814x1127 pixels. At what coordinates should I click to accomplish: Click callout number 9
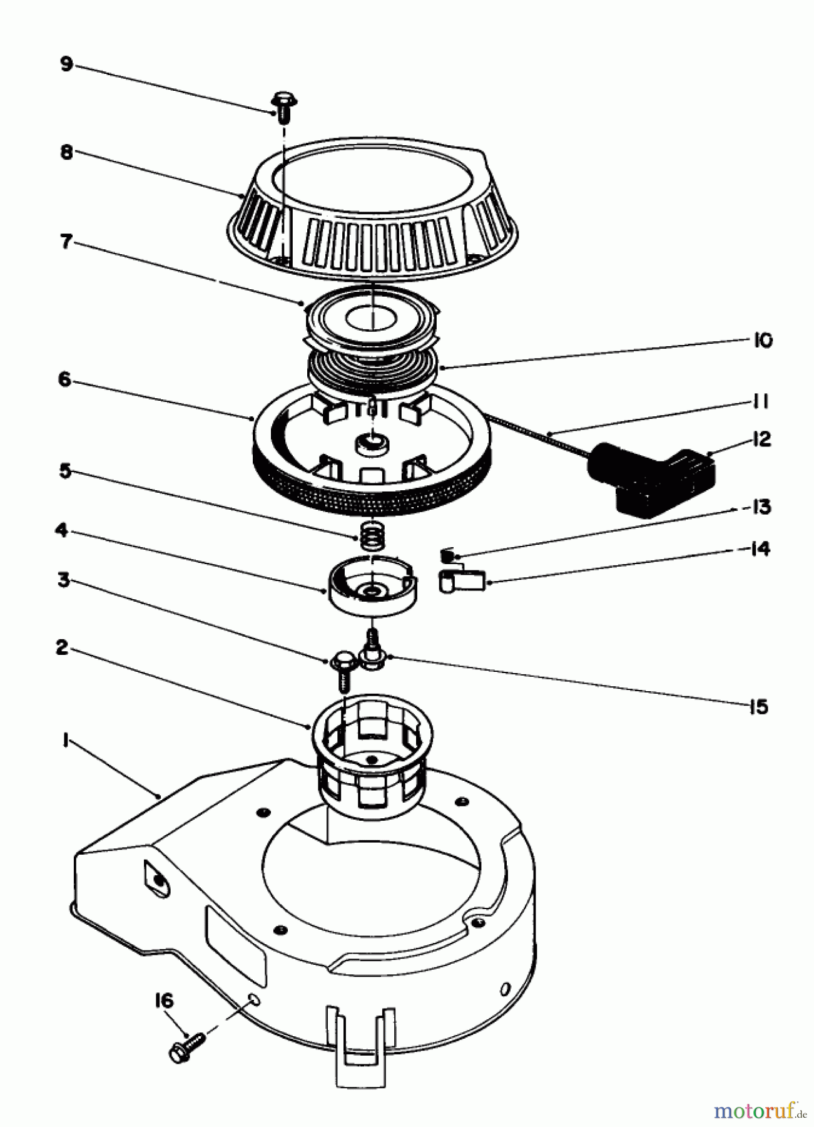(x=66, y=64)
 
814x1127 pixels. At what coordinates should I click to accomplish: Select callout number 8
(x=67, y=152)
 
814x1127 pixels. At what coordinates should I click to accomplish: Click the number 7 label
(x=66, y=242)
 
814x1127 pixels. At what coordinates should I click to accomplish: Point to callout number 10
(x=763, y=340)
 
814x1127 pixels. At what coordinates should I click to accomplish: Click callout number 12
(x=761, y=439)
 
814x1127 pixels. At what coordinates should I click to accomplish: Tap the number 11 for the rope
(x=759, y=401)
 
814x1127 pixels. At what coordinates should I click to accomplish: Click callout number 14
(x=759, y=549)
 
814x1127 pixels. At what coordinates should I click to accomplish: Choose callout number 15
(x=758, y=707)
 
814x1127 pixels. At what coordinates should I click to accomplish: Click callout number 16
(x=164, y=1001)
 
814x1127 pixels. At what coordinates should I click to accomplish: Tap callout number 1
(x=64, y=740)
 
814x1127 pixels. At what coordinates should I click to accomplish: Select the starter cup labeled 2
(x=373, y=745)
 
